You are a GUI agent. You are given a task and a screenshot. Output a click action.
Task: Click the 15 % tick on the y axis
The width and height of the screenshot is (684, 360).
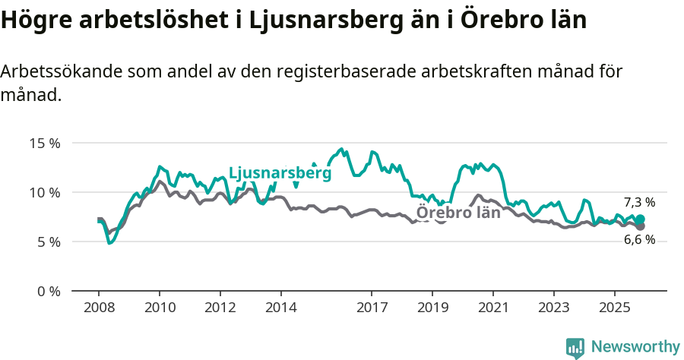coord(45,143)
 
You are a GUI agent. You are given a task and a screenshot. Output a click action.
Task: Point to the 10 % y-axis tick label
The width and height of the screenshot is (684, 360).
coord(45,192)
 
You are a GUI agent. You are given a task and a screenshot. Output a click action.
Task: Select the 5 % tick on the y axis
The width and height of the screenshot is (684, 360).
coord(48,242)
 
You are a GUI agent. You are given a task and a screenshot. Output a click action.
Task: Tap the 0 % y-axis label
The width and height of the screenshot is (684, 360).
coord(48,291)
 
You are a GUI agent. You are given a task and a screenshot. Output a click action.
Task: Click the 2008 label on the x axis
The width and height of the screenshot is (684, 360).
coord(99,308)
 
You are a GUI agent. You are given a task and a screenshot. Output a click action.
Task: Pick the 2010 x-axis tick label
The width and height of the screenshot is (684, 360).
coord(160,308)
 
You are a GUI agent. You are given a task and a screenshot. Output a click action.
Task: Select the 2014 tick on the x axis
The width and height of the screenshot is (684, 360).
coord(280,308)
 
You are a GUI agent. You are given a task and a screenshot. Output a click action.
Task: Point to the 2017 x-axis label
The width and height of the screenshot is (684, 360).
coord(372,308)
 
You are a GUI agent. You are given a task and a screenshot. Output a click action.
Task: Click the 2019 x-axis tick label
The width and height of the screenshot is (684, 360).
coord(432,308)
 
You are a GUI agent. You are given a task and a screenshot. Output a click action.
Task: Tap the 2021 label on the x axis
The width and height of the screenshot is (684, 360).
coord(493,308)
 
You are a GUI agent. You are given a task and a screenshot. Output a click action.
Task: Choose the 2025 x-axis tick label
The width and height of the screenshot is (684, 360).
coord(614,308)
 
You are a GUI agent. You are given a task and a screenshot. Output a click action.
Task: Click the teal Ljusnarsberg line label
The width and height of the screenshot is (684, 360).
coord(280,173)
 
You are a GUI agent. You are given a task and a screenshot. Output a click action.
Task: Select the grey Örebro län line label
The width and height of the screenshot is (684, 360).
coord(458,213)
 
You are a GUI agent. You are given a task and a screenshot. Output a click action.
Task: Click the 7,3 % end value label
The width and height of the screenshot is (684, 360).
coord(639,202)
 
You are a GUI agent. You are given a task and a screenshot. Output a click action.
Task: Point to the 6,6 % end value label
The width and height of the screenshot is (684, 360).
coord(639,240)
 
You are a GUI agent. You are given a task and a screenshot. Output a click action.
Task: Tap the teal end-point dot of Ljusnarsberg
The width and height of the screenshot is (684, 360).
coord(641,219)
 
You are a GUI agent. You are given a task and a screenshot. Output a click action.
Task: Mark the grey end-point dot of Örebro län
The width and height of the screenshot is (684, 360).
coord(641,226)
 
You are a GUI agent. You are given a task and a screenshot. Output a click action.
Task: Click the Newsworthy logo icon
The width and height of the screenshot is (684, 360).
coord(575,348)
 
